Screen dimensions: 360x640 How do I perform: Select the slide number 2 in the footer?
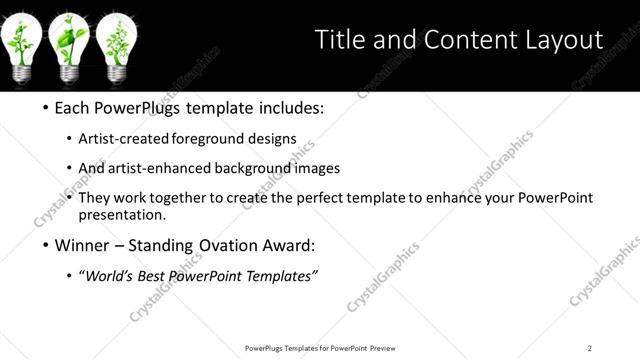click(x=590, y=348)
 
